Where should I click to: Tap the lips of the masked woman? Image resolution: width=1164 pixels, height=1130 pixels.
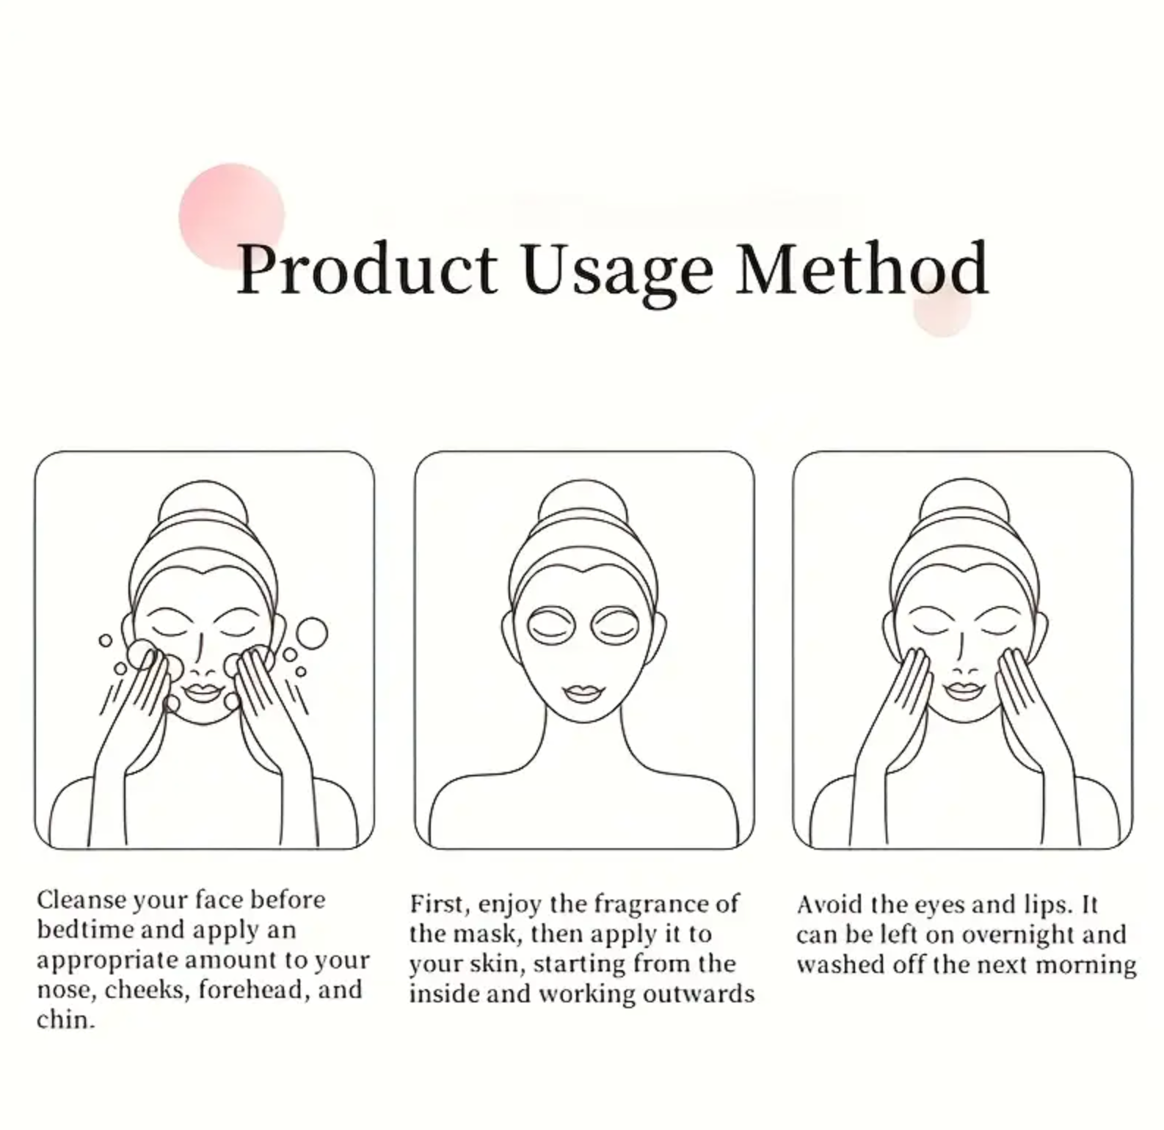click(x=583, y=693)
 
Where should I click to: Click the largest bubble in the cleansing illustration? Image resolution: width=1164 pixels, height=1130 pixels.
click(x=311, y=633)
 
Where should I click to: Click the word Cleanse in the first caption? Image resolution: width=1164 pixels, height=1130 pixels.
click(x=81, y=900)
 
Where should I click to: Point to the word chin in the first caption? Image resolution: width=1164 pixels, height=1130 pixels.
click(x=66, y=1020)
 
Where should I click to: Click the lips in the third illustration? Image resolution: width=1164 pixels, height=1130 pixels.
click(x=963, y=690)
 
